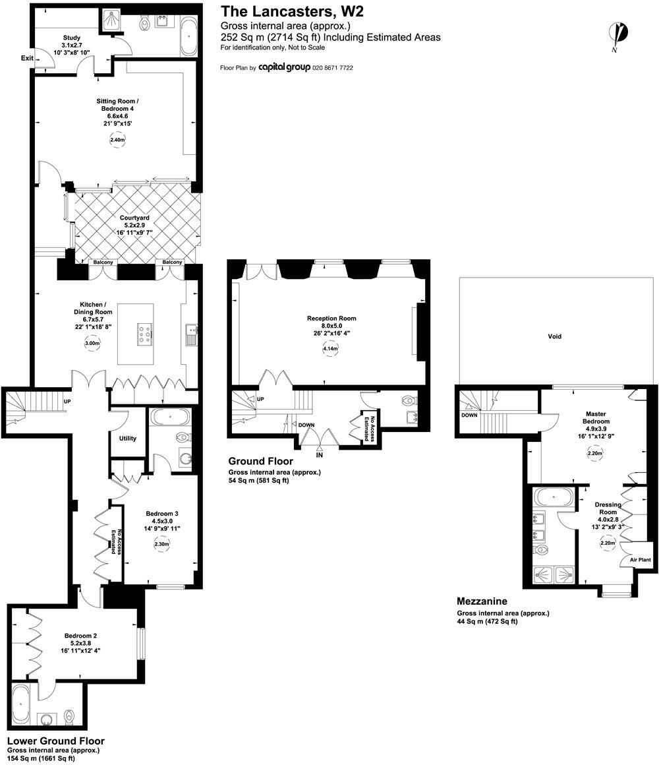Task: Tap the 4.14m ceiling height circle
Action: pyautogui.click(x=329, y=348)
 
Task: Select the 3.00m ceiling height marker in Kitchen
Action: pyautogui.click(x=92, y=344)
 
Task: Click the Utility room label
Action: pyautogui.click(x=128, y=438)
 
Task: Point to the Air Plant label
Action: pyautogui.click(x=640, y=560)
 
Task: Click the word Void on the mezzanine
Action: pyautogui.click(x=555, y=336)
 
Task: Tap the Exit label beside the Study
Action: pyautogui.click(x=27, y=58)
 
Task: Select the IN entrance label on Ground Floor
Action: pyautogui.click(x=320, y=455)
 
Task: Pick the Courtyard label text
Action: pyautogui.click(x=134, y=218)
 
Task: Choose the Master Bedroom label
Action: pyautogui.click(x=597, y=417)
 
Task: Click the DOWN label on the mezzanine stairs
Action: pyautogui.click(x=469, y=416)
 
